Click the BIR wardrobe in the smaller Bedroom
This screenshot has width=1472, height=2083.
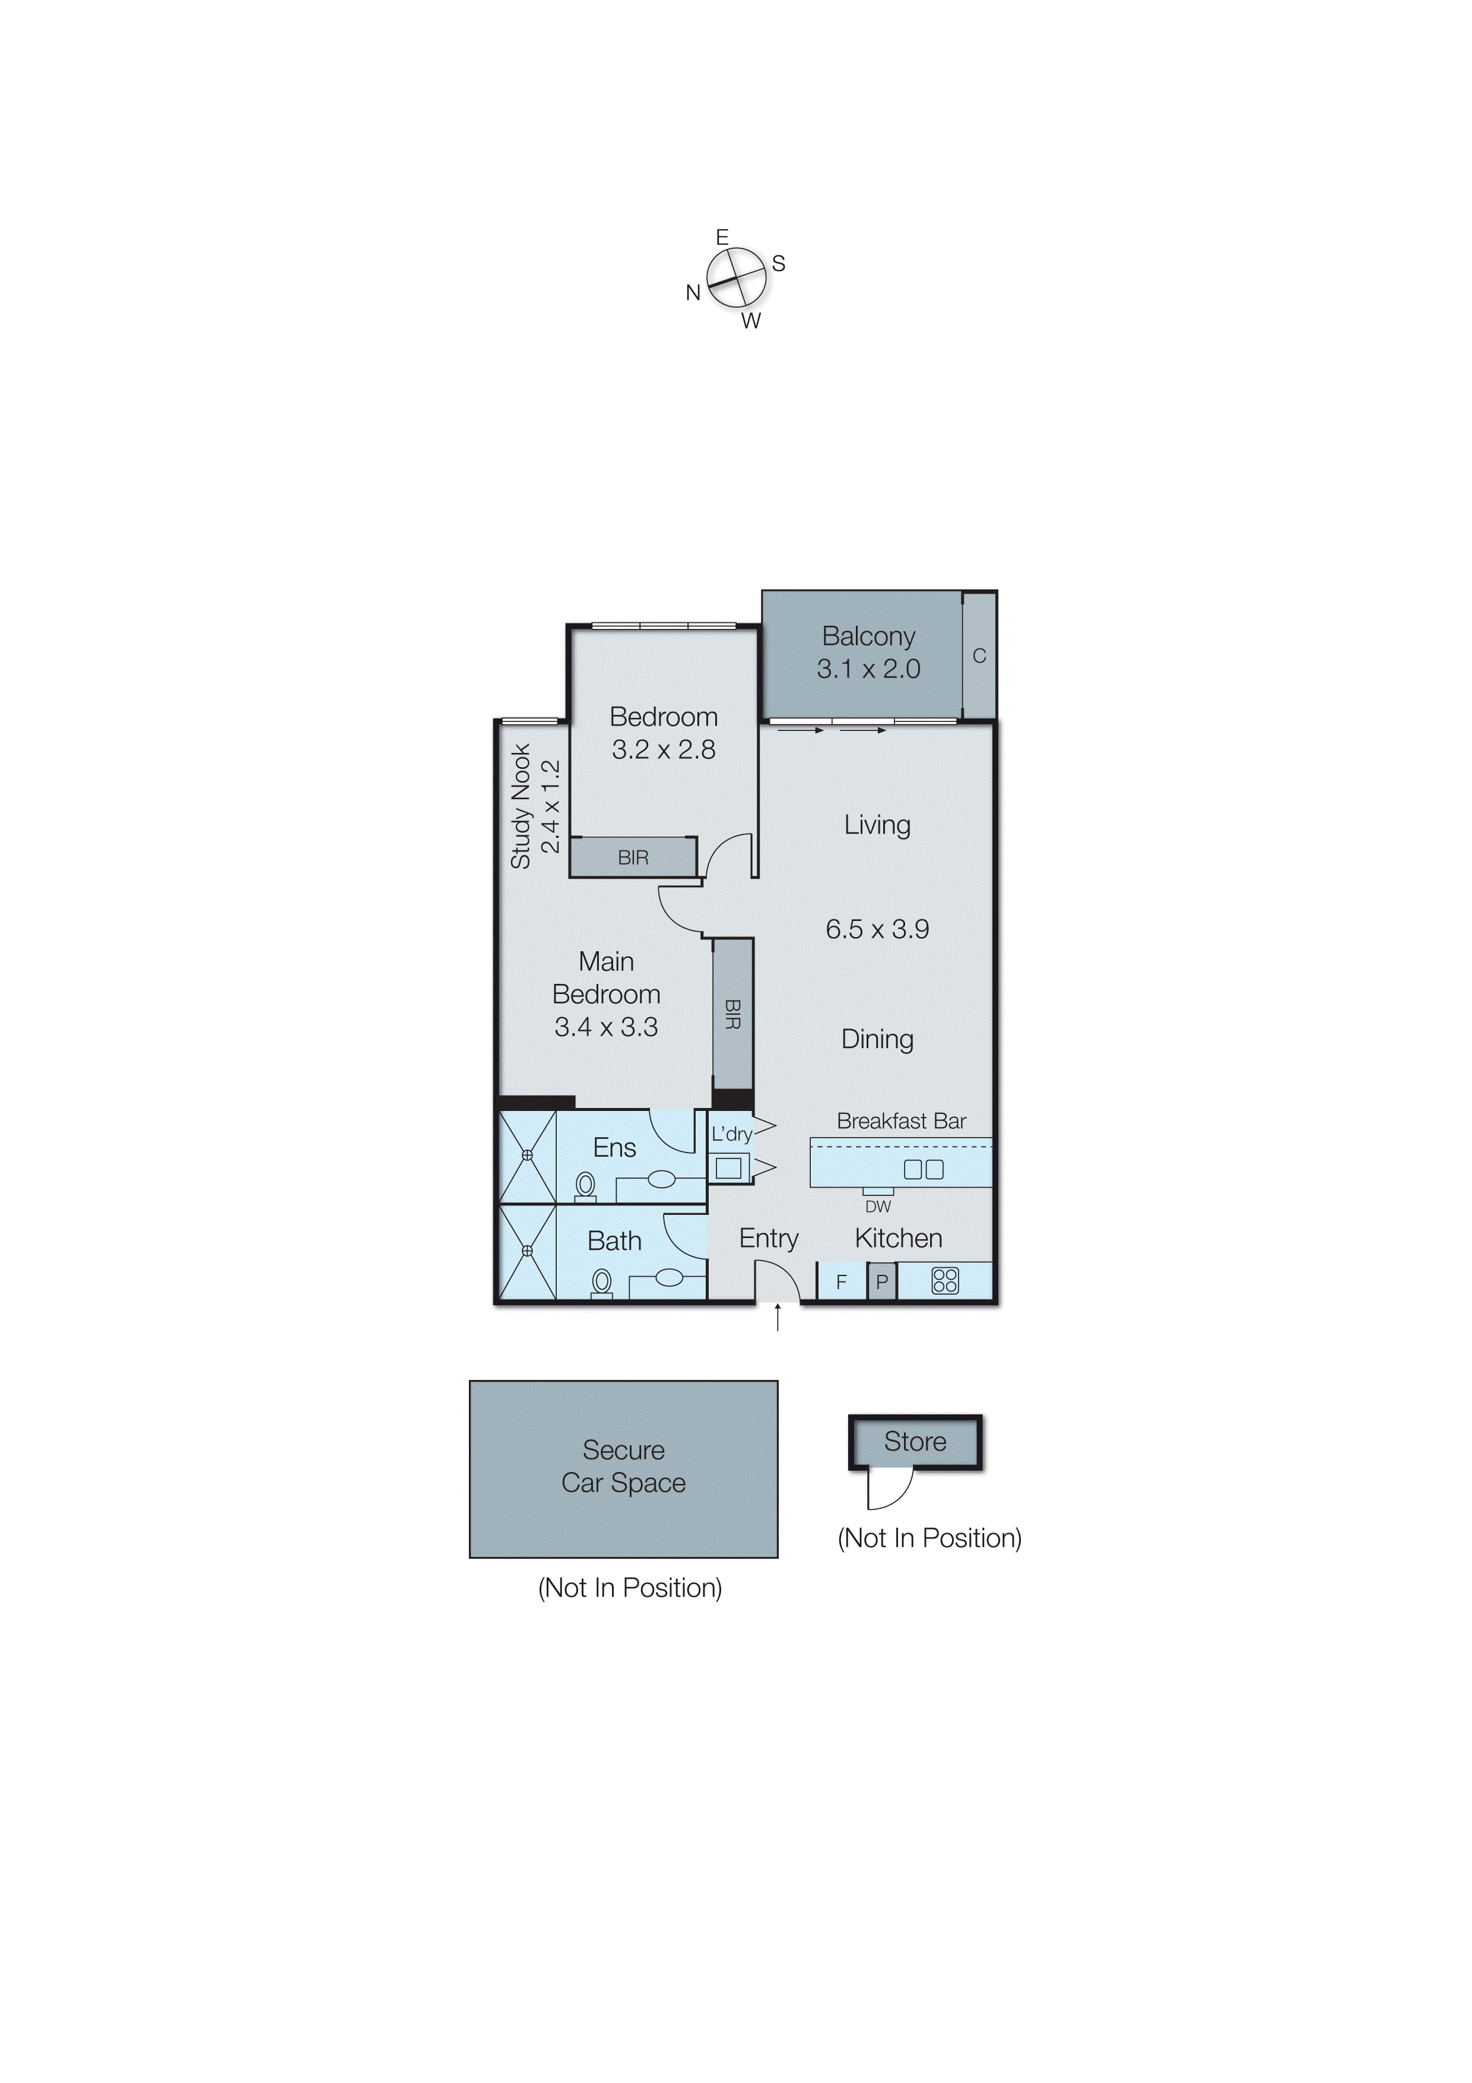[x=633, y=857]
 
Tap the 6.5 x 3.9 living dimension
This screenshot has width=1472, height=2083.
[x=877, y=929]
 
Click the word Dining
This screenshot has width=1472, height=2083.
[x=877, y=1039]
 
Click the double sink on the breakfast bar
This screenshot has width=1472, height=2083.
[x=924, y=1169]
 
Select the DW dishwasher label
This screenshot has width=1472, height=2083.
[x=877, y=1207]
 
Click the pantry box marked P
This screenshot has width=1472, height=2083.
[x=881, y=1283]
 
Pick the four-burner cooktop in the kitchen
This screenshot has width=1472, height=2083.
[x=945, y=1280]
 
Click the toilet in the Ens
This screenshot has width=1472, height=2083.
[x=585, y=1185]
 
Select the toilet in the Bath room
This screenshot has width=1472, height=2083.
[x=601, y=1282]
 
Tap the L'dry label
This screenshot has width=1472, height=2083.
[x=731, y=1134]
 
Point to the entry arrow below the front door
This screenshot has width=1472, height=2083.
[x=778, y=1317]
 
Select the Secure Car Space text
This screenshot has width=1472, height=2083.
[x=623, y=1466]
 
